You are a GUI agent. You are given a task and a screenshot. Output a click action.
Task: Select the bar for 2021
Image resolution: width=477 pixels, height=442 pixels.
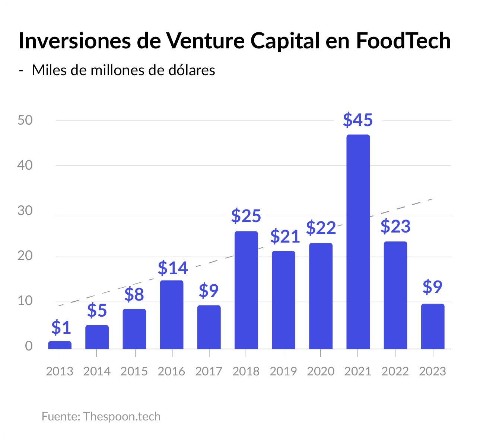coord(358,242)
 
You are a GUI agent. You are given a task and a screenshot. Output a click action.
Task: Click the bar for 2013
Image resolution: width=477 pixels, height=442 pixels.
coord(60,345)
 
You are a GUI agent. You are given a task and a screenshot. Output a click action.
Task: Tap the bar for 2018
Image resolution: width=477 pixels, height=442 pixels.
coord(246,290)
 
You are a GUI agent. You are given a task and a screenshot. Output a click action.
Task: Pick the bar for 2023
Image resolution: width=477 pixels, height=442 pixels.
coord(433,327)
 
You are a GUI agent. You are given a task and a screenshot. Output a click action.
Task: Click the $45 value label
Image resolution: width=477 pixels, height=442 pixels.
coord(358,120)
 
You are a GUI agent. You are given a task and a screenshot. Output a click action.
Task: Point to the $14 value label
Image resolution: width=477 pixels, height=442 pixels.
coord(173,268)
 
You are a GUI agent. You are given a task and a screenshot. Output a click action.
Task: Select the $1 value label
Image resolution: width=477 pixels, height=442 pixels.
coord(61,327)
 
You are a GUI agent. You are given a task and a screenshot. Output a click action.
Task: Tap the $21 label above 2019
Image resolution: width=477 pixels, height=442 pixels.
coord(285,237)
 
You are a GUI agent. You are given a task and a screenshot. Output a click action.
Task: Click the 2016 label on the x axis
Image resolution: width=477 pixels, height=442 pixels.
coord(171,371)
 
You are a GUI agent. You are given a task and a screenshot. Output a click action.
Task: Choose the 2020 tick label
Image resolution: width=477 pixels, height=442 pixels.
coord(321,371)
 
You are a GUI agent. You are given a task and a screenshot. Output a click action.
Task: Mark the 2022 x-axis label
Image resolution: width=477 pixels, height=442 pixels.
coord(395,371)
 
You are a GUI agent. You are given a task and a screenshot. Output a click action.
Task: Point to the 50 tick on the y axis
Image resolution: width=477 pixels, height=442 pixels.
coord(25,121)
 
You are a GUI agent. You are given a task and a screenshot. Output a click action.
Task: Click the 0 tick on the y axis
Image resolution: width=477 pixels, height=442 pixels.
coord(29,346)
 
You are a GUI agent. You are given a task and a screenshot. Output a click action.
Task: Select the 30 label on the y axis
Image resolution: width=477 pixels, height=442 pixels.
coord(25,211)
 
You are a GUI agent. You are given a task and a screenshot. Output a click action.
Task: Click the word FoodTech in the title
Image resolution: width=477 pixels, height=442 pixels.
coord(403,41)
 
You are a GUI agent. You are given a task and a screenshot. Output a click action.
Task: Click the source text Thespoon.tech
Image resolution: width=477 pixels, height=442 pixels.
coord(122,416)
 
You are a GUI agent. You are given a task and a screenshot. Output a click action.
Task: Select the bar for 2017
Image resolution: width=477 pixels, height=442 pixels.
coord(209,327)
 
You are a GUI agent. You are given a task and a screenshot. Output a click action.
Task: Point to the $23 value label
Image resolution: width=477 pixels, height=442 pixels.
coord(395,227)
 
